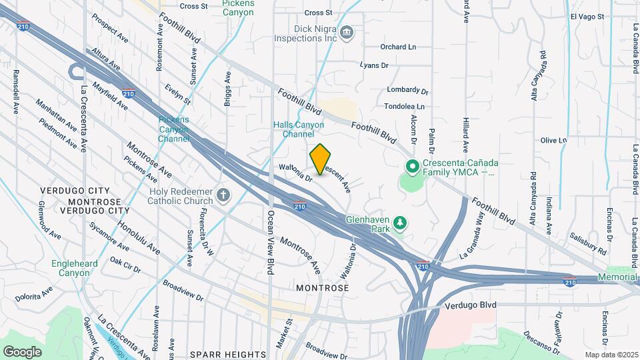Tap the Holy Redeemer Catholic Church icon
223,195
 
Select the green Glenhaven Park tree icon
399,223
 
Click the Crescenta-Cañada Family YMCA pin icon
412,166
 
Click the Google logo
22,351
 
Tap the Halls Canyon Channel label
299,129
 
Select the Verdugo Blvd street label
471,305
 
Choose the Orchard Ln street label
398,47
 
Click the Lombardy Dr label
407,90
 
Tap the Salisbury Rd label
588,243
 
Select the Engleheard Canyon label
75,268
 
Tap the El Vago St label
587,16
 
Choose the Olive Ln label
553,140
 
